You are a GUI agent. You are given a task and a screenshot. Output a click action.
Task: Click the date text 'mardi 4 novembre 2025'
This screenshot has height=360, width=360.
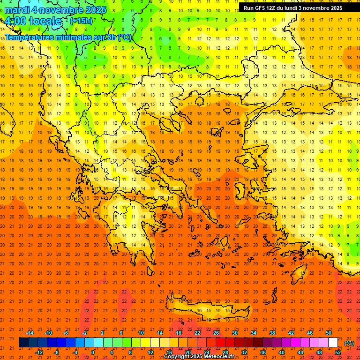55,10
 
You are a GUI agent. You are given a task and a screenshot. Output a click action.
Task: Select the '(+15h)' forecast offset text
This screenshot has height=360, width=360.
81,21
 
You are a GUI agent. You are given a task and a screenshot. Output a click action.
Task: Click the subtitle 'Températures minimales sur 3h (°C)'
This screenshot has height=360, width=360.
68,37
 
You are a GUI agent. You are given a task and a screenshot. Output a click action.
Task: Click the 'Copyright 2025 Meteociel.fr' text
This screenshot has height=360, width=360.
199,357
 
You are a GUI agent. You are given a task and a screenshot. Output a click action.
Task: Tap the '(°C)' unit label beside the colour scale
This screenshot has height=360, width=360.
349,343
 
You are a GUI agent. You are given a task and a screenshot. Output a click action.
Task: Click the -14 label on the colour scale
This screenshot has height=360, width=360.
30,333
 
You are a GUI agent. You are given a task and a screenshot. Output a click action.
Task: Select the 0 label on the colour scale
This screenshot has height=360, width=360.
93,352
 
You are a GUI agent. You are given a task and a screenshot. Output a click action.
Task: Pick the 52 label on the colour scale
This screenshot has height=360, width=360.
338,352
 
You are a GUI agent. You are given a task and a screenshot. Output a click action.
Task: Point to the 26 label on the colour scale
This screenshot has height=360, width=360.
216,333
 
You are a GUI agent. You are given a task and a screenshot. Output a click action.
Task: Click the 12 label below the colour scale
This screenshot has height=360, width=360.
150,352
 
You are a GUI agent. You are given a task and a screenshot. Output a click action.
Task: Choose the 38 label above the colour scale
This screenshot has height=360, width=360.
272,333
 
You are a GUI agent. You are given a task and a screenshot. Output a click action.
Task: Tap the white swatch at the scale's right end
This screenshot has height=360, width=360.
333,343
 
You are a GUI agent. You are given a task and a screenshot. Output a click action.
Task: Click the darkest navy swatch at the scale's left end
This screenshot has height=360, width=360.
23,343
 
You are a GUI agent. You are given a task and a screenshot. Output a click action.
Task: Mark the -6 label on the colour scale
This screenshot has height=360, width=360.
66,333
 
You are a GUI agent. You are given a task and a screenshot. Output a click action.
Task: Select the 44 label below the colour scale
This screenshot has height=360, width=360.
300,352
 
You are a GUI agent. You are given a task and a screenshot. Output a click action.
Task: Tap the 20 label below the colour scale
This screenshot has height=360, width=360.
188,352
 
